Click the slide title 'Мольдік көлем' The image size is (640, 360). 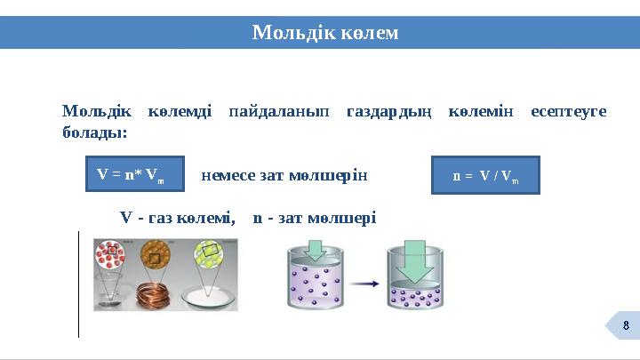(325, 33)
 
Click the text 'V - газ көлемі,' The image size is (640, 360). (178, 217)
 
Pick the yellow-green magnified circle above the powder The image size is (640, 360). (210, 255)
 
